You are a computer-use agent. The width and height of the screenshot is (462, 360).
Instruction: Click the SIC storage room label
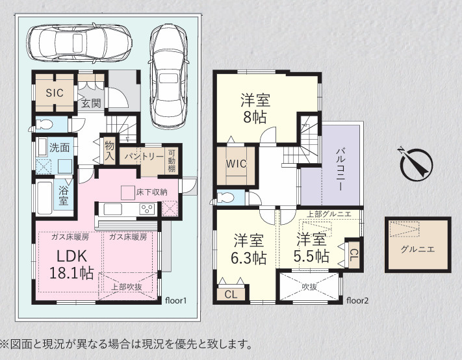pos(55,93)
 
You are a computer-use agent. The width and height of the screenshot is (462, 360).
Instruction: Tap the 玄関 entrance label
pos(91,103)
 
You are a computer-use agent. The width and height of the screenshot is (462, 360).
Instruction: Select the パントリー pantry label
pos(144,157)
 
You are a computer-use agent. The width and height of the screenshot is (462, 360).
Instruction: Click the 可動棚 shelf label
pos(172,161)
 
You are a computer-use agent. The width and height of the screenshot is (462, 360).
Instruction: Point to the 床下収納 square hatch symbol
pos(128,193)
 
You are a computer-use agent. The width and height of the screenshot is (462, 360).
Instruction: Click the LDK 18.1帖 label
pos(71,264)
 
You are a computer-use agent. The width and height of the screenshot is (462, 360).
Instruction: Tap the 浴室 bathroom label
pos(63,196)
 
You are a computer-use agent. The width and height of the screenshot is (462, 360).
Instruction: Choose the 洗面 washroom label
pos(59,148)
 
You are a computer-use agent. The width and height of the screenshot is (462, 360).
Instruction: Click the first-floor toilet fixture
pos(44,125)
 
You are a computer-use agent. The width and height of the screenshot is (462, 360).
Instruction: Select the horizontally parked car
pos(79,42)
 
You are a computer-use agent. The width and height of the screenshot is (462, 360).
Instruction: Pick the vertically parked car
pos(168,76)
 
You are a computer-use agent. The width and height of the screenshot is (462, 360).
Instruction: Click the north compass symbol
pos(417,163)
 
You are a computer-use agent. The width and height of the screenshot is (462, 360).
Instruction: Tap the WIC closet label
pos(236,164)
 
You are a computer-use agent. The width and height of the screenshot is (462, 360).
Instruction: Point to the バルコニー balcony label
pos(340,170)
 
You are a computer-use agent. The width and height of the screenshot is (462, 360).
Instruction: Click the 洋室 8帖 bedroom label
pos(255,108)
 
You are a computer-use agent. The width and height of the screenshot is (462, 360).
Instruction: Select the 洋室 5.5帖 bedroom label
pos(311,248)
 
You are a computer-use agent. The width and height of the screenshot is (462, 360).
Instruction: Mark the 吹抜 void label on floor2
pos(309,287)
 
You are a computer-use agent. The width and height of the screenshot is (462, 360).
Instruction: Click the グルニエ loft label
pos(418,250)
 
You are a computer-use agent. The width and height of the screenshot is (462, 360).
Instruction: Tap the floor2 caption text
pos(357,301)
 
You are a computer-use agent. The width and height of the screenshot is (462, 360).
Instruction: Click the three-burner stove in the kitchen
pos(147,209)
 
